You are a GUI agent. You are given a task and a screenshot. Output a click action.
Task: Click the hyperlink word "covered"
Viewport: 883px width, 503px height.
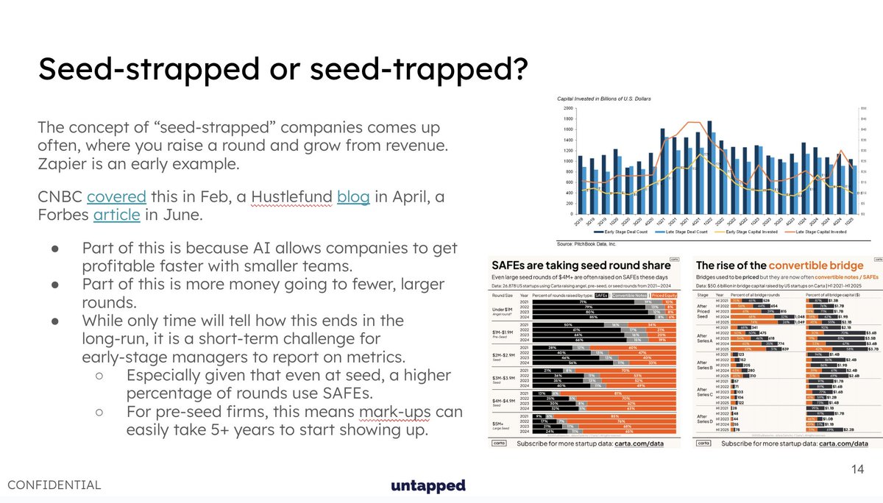pyautogui.click(x=116, y=197)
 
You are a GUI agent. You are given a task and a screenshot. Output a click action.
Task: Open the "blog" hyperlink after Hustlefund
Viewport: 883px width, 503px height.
pyautogui.click(x=353, y=197)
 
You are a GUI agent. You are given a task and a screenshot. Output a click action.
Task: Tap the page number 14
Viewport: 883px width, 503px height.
pyautogui.click(x=857, y=468)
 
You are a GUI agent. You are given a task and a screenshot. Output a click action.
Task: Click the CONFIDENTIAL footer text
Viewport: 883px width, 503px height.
pyautogui.click(x=55, y=485)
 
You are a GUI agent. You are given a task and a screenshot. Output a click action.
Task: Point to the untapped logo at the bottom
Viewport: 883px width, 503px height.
pyautogui.click(x=428, y=485)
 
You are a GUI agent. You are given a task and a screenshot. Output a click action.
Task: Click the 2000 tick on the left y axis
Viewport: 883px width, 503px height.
pyautogui.click(x=567, y=107)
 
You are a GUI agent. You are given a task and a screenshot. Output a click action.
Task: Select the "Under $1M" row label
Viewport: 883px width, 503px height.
pyautogui.click(x=502, y=308)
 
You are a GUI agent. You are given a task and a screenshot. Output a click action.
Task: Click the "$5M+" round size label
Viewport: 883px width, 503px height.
pyautogui.click(x=497, y=424)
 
